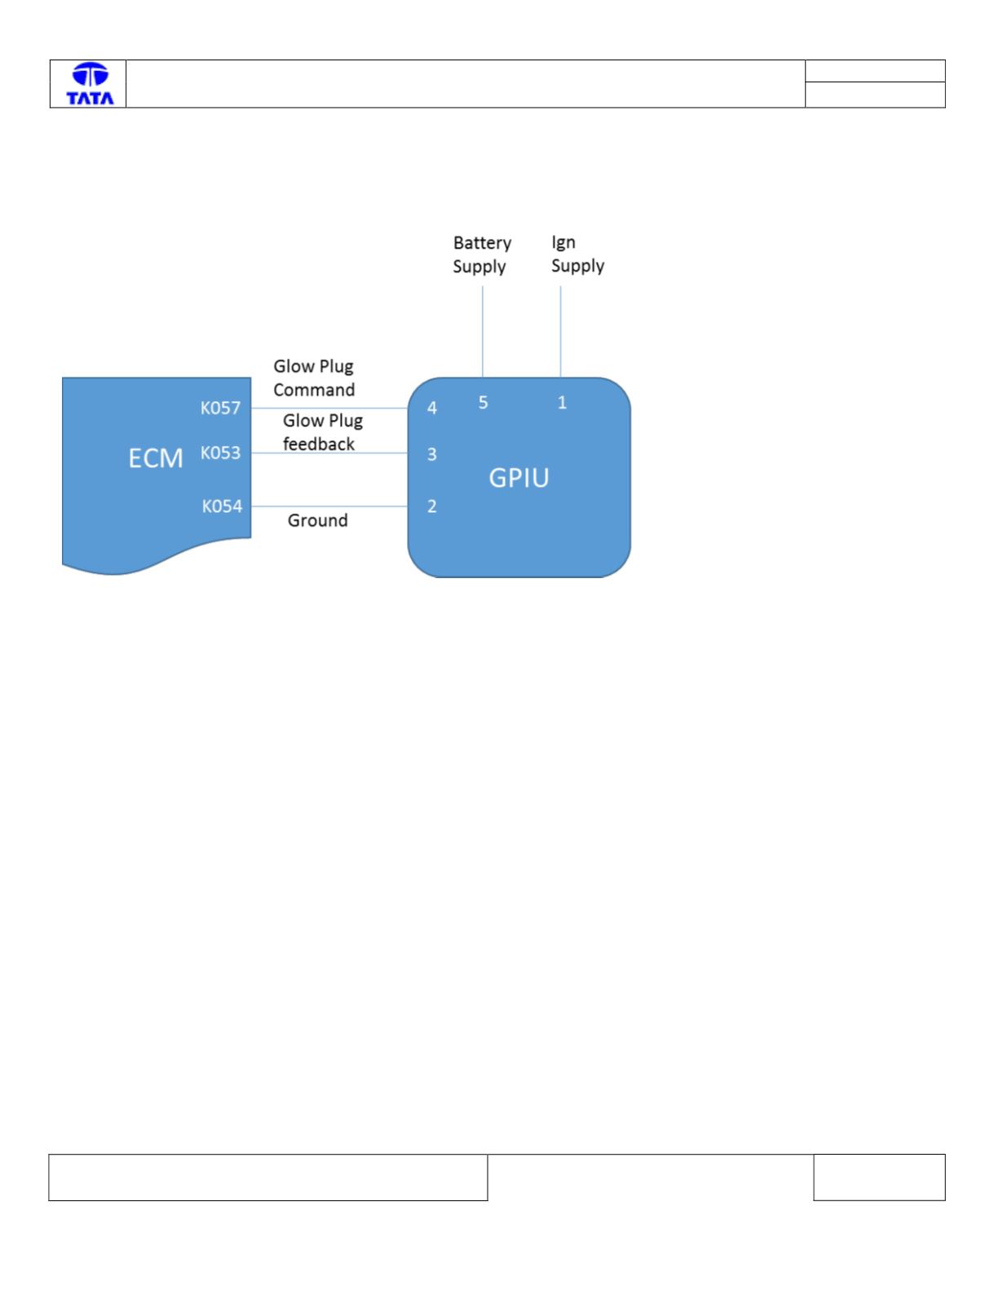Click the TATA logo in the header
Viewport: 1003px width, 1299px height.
(x=90, y=84)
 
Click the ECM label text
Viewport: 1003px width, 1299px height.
(x=156, y=458)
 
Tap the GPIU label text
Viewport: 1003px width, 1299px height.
(x=519, y=478)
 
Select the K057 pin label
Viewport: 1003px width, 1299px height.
(x=220, y=408)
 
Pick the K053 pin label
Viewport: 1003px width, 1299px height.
(x=220, y=453)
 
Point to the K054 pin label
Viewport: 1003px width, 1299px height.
(x=222, y=506)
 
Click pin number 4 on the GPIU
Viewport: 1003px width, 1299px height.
(x=431, y=408)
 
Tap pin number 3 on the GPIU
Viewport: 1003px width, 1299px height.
(x=431, y=454)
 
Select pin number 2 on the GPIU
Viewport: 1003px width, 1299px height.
(x=431, y=506)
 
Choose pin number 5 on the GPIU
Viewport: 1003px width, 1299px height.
(x=483, y=402)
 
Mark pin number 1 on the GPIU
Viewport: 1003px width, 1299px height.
(x=562, y=402)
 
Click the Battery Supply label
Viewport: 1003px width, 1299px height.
(x=482, y=254)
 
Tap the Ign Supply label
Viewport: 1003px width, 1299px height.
(x=577, y=254)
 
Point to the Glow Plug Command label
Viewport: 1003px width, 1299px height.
(x=314, y=378)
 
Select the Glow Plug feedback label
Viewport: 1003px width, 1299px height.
(x=323, y=432)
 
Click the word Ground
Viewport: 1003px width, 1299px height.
(x=317, y=520)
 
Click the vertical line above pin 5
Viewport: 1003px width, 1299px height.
(x=483, y=331)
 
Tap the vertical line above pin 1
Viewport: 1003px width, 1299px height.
(x=560, y=331)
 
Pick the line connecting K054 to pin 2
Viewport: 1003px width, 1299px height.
(x=329, y=506)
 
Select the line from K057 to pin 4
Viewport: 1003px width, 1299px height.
(x=329, y=409)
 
